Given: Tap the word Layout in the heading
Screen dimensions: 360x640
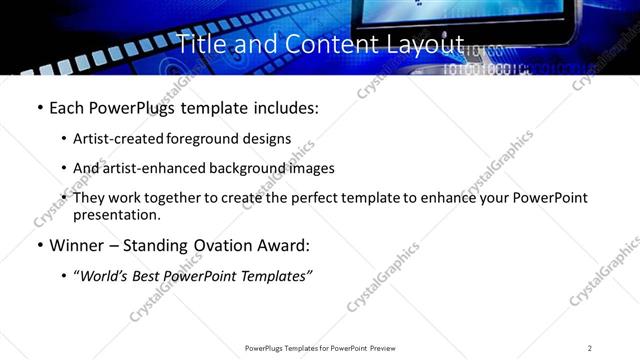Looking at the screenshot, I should (430, 45).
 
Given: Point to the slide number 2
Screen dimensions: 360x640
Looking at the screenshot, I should (590, 348).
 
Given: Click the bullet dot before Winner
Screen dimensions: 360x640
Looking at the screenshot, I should (39, 245).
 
